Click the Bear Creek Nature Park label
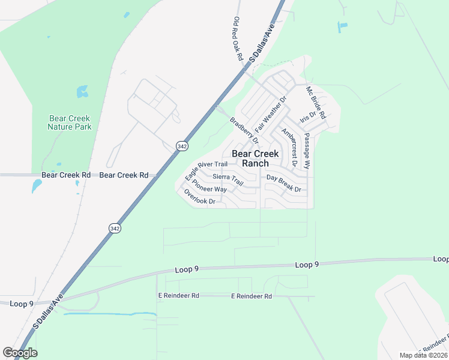(x=70, y=122)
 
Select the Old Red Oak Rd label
(x=238, y=38)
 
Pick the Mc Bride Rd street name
(x=316, y=103)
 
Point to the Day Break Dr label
(x=283, y=183)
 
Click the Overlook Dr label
(x=200, y=197)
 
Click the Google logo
(x=20, y=353)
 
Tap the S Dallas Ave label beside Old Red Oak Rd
(x=262, y=43)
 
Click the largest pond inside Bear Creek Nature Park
(x=82, y=92)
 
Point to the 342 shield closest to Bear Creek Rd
(x=181, y=146)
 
